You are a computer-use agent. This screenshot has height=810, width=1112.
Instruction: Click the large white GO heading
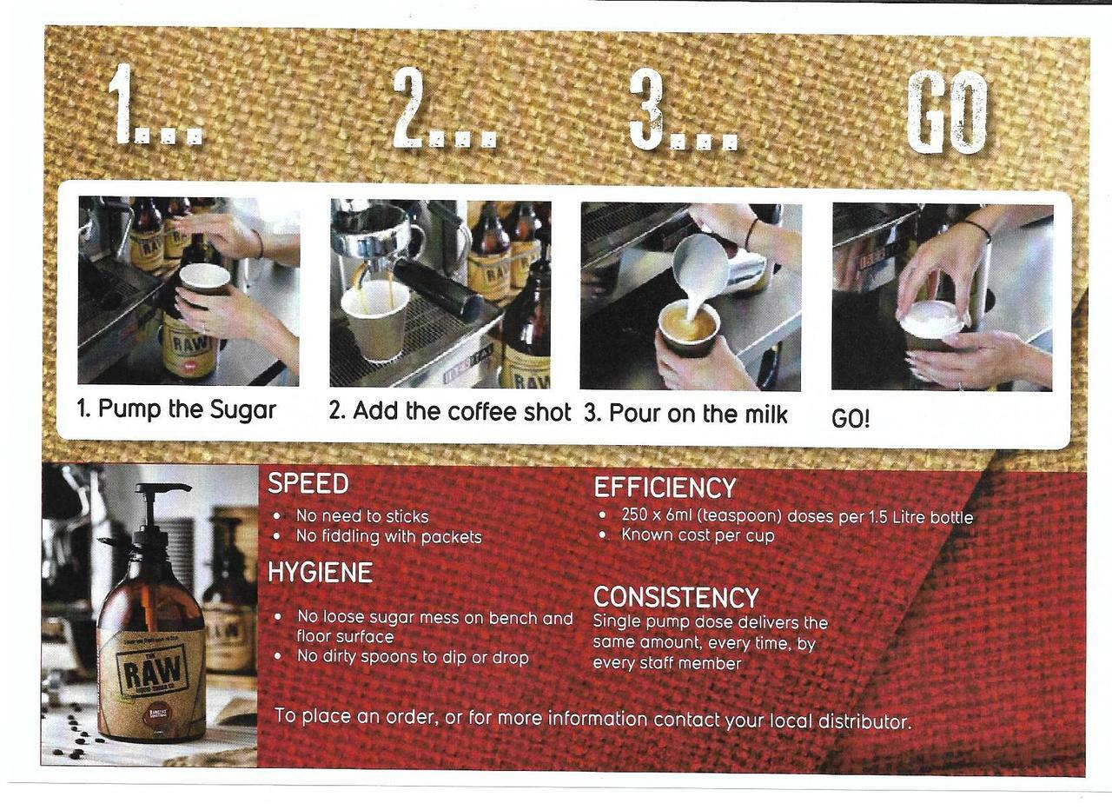click(946, 112)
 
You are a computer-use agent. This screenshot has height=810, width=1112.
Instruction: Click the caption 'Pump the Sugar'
click(187, 409)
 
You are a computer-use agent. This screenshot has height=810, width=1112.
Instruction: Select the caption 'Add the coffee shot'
click(461, 412)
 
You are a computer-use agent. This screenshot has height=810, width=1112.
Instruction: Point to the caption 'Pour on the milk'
click(698, 415)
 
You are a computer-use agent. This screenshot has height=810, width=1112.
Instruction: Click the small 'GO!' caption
click(851, 420)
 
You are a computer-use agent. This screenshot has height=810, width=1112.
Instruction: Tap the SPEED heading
click(308, 484)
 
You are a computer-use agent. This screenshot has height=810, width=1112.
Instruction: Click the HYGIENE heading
click(320, 573)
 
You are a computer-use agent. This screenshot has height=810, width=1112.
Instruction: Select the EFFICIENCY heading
click(665, 488)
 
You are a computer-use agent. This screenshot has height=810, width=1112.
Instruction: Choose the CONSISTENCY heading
click(676, 597)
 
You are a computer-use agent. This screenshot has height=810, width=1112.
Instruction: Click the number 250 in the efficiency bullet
click(634, 515)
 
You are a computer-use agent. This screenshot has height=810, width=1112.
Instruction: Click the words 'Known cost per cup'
click(698, 536)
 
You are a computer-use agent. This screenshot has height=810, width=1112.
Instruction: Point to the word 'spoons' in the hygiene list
click(391, 657)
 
